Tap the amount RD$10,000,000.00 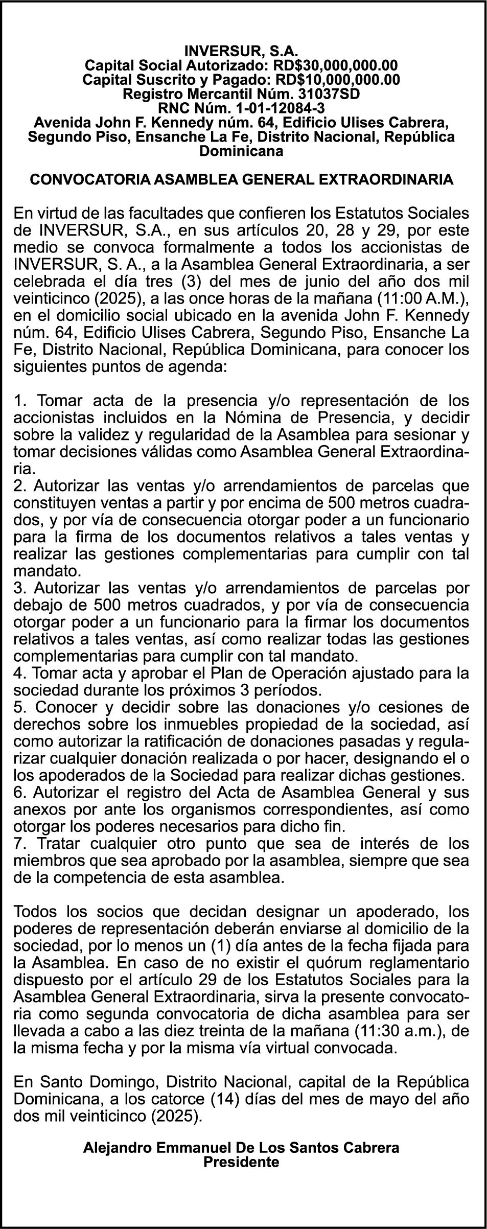click(x=337, y=80)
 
